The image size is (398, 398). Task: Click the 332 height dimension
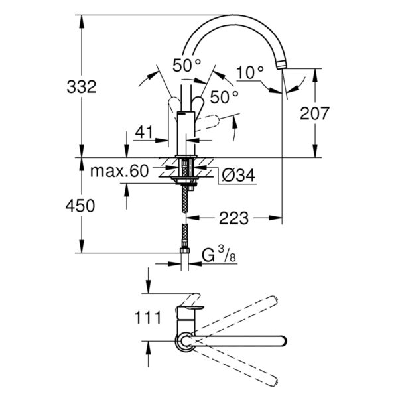tap(82, 86)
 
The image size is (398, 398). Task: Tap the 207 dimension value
tap(314, 113)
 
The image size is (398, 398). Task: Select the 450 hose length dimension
tap(80, 206)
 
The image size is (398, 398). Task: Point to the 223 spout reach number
tap(233, 218)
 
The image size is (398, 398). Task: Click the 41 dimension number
tap(144, 132)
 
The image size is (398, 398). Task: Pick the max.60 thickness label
tap(119, 171)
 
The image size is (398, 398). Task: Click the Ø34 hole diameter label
tap(238, 175)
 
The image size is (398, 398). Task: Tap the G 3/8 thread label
tap(219, 255)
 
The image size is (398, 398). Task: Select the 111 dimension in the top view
tap(148, 317)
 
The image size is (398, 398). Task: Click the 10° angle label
tap(250, 72)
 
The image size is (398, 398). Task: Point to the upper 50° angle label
tap(187, 65)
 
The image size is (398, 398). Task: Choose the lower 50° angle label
tap(224, 97)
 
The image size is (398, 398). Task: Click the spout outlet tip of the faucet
tap(282, 65)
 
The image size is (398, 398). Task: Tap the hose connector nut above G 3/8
tap(185, 251)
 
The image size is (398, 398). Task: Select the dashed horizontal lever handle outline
tap(207, 123)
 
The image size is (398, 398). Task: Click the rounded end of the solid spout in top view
tap(283, 341)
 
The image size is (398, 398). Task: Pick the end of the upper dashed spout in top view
tap(273, 300)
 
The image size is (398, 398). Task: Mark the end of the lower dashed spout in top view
tap(274, 381)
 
